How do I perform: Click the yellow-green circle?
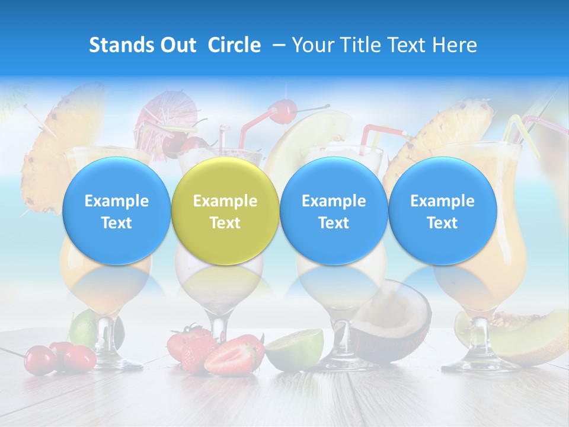click(x=225, y=211)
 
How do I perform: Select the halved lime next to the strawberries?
click(x=295, y=350)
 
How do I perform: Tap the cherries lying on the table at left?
click(x=62, y=358)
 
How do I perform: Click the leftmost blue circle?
click(x=116, y=211)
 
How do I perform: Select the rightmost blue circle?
click(x=442, y=211)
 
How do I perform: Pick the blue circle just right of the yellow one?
click(x=334, y=211)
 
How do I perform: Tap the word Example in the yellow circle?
click(x=225, y=201)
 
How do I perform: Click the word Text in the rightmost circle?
click(x=442, y=223)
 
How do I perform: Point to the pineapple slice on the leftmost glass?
click(x=47, y=154)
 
